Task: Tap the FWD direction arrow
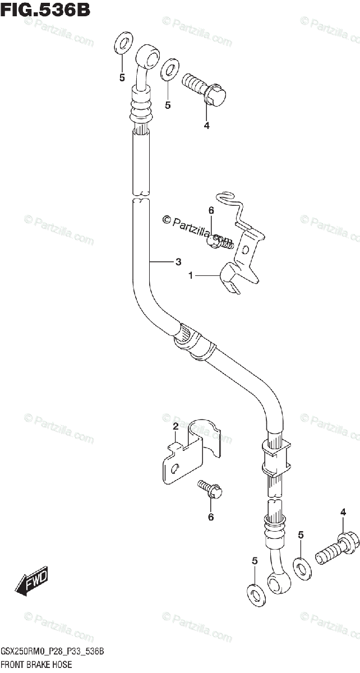click(x=33, y=580)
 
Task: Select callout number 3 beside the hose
click(x=178, y=261)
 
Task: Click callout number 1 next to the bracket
click(x=191, y=275)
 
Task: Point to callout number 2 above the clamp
click(x=176, y=427)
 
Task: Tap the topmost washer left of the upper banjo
click(x=123, y=44)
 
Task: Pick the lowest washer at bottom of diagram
click(x=255, y=591)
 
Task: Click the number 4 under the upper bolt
click(x=206, y=126)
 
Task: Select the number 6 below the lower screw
click(x=211, y=517)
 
